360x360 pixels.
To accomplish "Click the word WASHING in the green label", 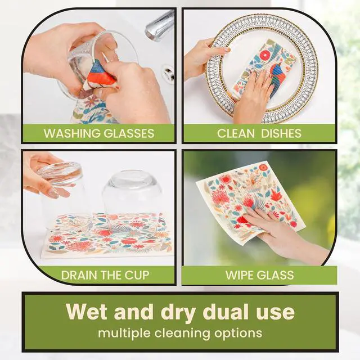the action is (72, 133).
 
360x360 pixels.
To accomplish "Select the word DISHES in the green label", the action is (281, 133).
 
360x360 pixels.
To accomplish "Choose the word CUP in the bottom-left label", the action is (137, 275).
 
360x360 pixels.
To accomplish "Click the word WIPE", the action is (240, 275).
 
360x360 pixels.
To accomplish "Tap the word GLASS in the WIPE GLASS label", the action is (276, 275).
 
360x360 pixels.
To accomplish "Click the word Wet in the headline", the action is (87, 312).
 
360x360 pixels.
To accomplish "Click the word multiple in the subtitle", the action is (124, 333).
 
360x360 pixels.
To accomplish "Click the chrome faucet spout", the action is (159, 25).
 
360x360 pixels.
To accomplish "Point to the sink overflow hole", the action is (168, 73).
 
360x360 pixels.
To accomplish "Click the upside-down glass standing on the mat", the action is (131, 202).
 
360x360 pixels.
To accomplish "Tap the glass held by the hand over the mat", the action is (60, 195).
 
